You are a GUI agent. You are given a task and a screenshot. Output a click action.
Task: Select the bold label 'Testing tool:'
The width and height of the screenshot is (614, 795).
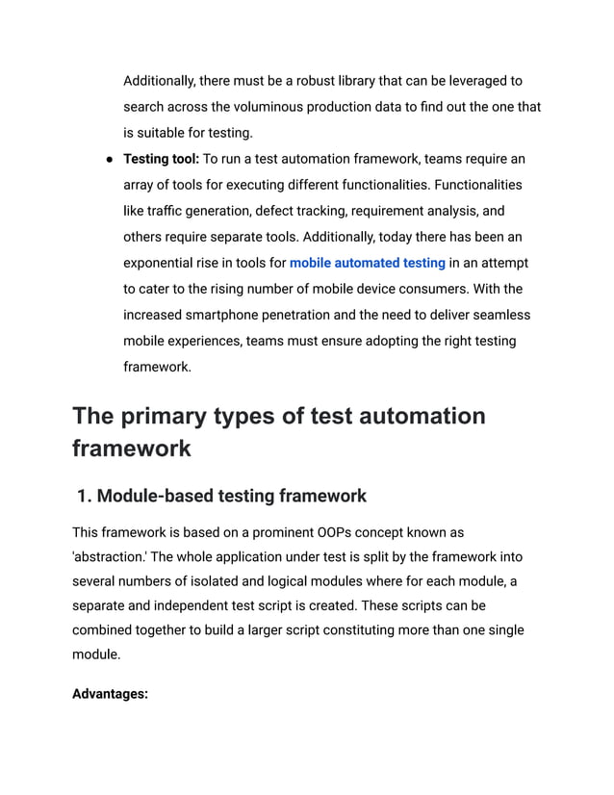(162, 159)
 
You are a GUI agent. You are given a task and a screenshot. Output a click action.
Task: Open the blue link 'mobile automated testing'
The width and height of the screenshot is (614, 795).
(367, 263)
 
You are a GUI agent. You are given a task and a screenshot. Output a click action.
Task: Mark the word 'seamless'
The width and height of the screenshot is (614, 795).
(499, 315)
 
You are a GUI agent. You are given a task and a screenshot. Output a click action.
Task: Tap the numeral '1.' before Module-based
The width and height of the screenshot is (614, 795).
(84, 497)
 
